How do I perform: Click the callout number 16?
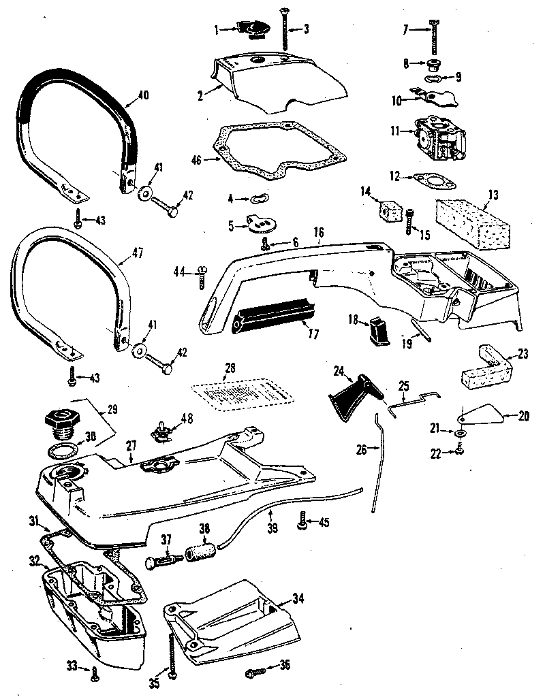(318, 232)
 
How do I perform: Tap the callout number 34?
(298, 598)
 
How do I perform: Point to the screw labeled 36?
(255, 675)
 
